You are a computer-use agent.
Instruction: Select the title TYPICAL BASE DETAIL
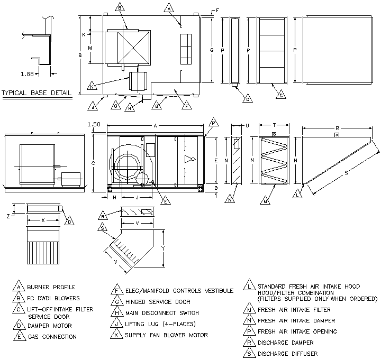[37, 93]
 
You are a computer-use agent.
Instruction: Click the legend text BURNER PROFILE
[52, 288]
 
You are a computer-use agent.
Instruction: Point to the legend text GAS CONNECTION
[52, 337]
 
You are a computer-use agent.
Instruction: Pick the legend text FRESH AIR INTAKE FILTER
[294, 310]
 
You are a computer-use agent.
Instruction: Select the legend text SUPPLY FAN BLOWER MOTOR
[166, 335]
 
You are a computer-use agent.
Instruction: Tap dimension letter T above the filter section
[274, 125]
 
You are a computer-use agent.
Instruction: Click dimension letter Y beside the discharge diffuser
[164, 248]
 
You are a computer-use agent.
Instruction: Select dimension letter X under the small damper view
[43, 219]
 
